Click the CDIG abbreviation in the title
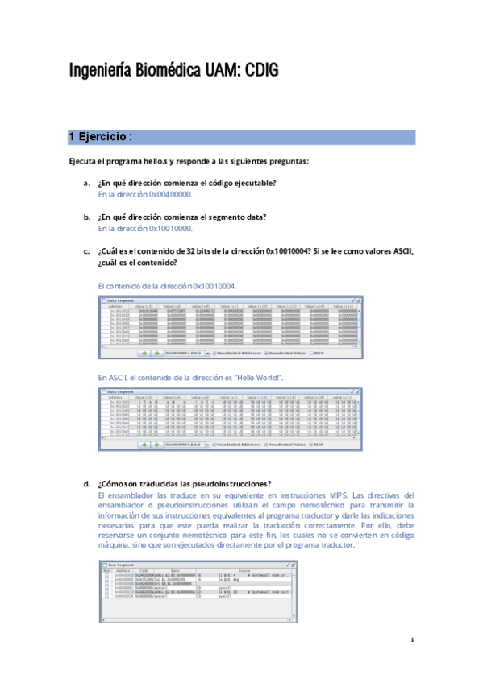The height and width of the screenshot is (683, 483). (x=260, y=71)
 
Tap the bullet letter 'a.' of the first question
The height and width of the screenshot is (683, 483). (x=86, y=184)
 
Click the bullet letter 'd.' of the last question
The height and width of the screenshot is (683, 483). (x=86, y=483)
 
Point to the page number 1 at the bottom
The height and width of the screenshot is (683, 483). (x=412, y=640)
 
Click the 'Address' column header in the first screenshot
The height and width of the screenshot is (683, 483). (x=115, y=307)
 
